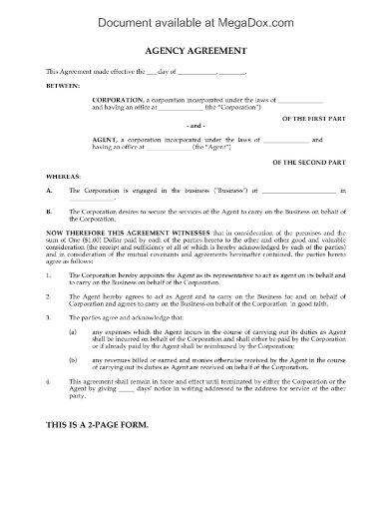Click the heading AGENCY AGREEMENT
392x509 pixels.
196,48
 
